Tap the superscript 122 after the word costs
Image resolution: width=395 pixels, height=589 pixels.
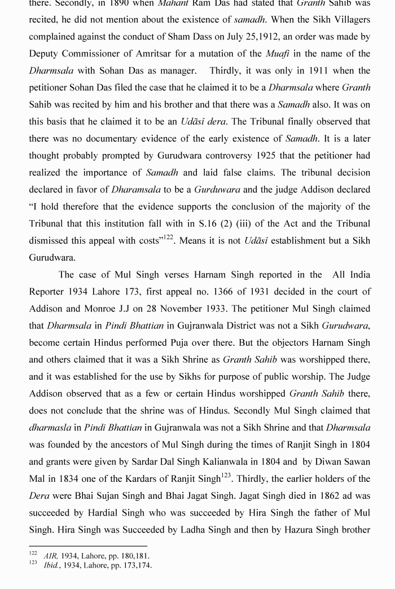point(168,238)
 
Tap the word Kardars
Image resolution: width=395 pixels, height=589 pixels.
point(143,478)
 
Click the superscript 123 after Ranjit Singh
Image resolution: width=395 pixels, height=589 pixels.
point(226,476)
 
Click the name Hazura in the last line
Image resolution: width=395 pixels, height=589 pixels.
point(310,530)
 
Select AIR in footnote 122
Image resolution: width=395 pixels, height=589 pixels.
point(51,556)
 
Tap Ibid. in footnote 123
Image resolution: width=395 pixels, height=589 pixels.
point(52,565)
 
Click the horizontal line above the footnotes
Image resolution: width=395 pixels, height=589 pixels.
point(88,546)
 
